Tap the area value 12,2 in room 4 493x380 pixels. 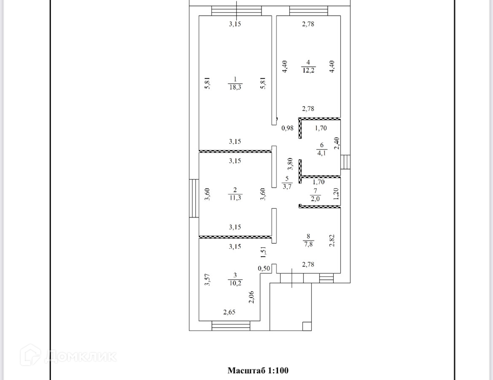pos(308,70)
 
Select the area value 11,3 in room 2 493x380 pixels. pos(235,198)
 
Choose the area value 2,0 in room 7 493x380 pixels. pos(315,199)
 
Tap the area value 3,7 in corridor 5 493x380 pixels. pos(287,186)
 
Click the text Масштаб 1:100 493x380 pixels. pos(258,371)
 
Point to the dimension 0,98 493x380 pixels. pos(287,128)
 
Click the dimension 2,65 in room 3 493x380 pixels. pos(229,312)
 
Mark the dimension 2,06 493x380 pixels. pos(251,298)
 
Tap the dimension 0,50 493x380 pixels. pos(264,268)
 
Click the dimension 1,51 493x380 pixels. pos(263,252)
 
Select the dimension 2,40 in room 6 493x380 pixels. pos(336,144)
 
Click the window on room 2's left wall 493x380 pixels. pos(194,198)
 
